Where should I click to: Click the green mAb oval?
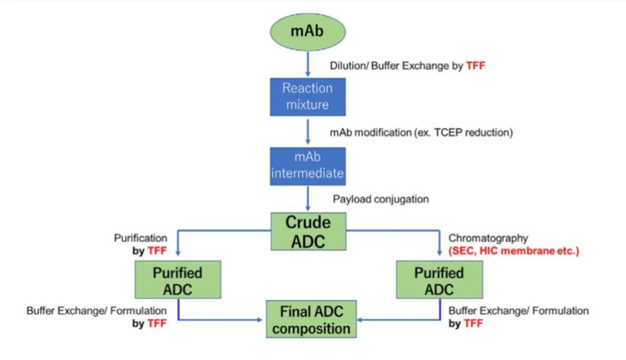[308, 30]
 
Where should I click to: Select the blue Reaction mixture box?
[307, 96]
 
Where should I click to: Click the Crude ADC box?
[308, 231]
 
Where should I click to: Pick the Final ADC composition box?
[311, 320]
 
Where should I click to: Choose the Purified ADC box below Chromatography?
[439, 281]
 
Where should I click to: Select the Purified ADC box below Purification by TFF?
[177, 281]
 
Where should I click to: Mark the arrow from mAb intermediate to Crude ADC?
[308, 199]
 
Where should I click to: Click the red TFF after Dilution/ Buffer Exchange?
[475, 66]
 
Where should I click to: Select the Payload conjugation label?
[381, 199]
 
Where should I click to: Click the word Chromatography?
[488, 238]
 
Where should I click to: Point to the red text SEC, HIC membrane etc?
[514, 251]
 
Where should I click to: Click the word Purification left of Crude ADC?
[140, 238]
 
